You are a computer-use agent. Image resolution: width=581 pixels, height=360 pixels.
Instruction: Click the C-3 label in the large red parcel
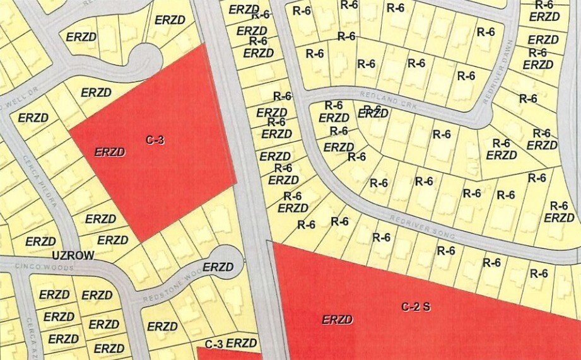pos(155,140)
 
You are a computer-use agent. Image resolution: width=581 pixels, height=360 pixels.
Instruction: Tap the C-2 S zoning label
pos(416,307)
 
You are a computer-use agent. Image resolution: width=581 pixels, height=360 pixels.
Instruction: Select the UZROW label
pos(73,255)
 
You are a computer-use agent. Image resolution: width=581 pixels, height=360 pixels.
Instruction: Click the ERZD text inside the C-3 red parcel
pos(110,152)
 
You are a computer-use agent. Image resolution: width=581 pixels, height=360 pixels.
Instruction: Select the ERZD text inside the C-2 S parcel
pos(337,320)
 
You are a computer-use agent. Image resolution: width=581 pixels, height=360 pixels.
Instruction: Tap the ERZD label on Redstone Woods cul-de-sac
pos(218,267)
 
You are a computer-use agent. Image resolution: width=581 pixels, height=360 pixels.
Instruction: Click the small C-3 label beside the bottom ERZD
pos(214,344)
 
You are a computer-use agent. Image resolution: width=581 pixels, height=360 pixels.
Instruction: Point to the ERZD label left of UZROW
pos(40,241)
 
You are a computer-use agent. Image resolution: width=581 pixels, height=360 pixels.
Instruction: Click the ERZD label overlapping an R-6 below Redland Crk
pos(373,113)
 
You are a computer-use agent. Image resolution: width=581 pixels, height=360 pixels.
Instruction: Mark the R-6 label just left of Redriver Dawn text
pos(486,32)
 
